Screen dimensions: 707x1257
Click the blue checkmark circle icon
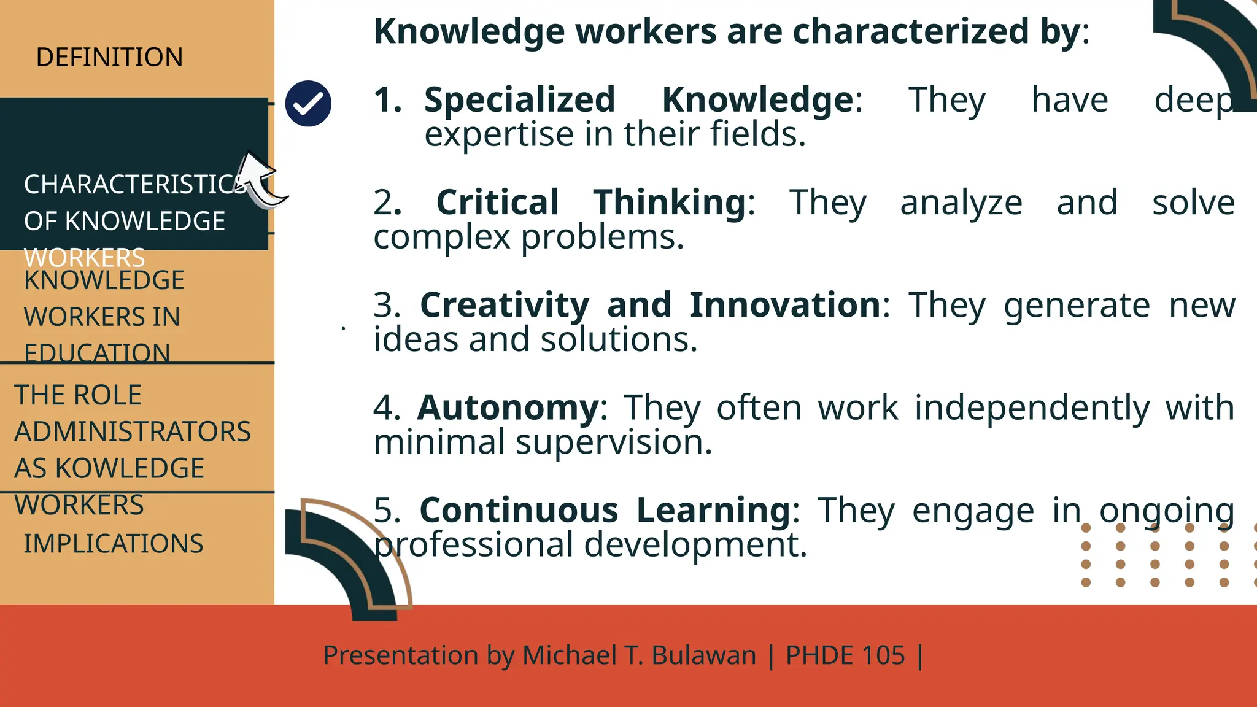click(x=308, y=104)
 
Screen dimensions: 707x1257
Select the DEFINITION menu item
click(x=109, y=57)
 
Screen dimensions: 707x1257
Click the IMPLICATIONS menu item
click(x=114, y=544)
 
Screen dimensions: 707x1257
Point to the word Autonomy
click(x=508, y=408)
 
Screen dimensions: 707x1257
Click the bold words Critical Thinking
click(x=592, y=203)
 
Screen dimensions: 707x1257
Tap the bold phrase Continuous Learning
click(x=605, y=510)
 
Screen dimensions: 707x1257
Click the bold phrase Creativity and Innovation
click(x=651, y=305)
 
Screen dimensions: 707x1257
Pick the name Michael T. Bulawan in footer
click(x=639, y=655)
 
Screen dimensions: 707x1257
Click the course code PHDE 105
click(x=845, y=655)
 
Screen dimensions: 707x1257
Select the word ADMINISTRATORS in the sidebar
click(x=133, y=431)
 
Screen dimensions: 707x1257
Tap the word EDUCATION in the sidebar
click(x=97, y=353)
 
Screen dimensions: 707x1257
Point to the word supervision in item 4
click(x=613, y=442)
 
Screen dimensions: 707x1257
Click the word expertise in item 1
click(x=499, y=134)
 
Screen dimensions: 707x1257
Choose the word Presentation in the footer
click(x=400, y=655)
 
